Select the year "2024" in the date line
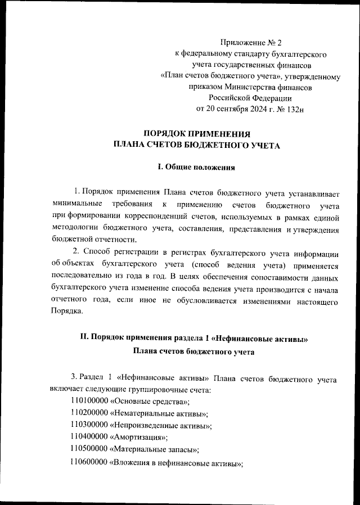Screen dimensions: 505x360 point(252,109)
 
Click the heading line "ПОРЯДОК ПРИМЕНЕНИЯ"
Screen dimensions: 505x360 point(196,134)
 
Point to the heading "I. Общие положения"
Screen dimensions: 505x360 point(196,167)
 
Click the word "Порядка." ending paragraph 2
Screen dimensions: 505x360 point(67,312)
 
